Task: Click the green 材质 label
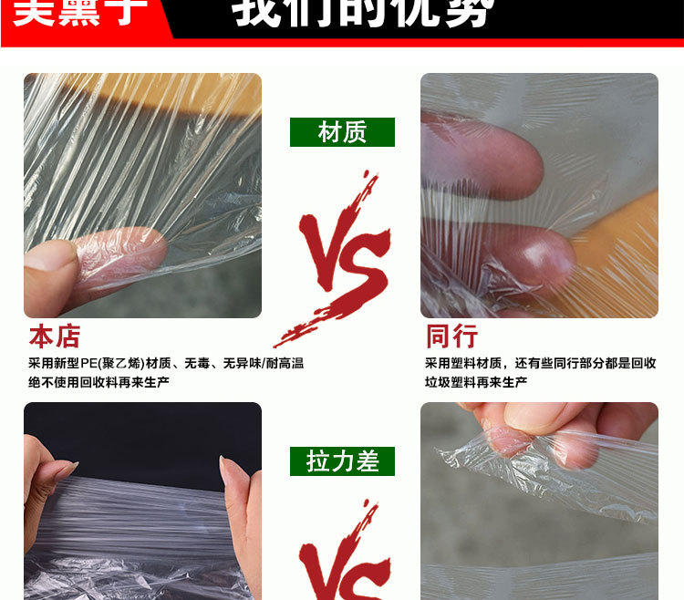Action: (x=342, y=132)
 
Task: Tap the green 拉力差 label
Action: (x=342, y=461)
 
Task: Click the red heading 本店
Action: (x=55, y=336)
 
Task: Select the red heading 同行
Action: (x=451, y=336)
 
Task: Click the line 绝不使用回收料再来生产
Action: (x=98, y=382)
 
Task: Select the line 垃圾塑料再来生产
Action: (x=476, y=382)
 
